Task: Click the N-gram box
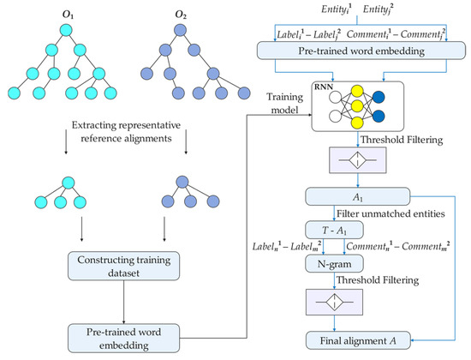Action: (x=334, y=264)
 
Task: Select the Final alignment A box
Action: (x=358, y=340)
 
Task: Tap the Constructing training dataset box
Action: (x=124, y=267)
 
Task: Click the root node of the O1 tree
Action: (x=66, y=31)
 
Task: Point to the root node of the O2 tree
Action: (x=180, y=30)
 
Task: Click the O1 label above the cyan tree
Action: (x=68, y=15)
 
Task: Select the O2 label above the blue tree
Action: (x=181, y=15)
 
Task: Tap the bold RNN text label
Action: (x=324, y=87)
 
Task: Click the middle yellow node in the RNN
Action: (x=357, y=106)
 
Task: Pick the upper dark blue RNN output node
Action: (x=379, y=97)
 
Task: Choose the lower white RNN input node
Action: (x=335, y=116)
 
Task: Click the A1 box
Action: (x=357, y=196)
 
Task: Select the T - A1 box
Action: (x=334, y=231)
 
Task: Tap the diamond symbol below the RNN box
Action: (x=357, y=160)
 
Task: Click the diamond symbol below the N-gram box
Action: (x=334, y=302)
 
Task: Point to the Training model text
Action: (x=284, y=104)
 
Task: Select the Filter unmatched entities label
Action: (x=391, y=213)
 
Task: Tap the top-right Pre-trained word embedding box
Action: (x=361, y=51)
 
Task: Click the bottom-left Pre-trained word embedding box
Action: (x=124, y=339)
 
